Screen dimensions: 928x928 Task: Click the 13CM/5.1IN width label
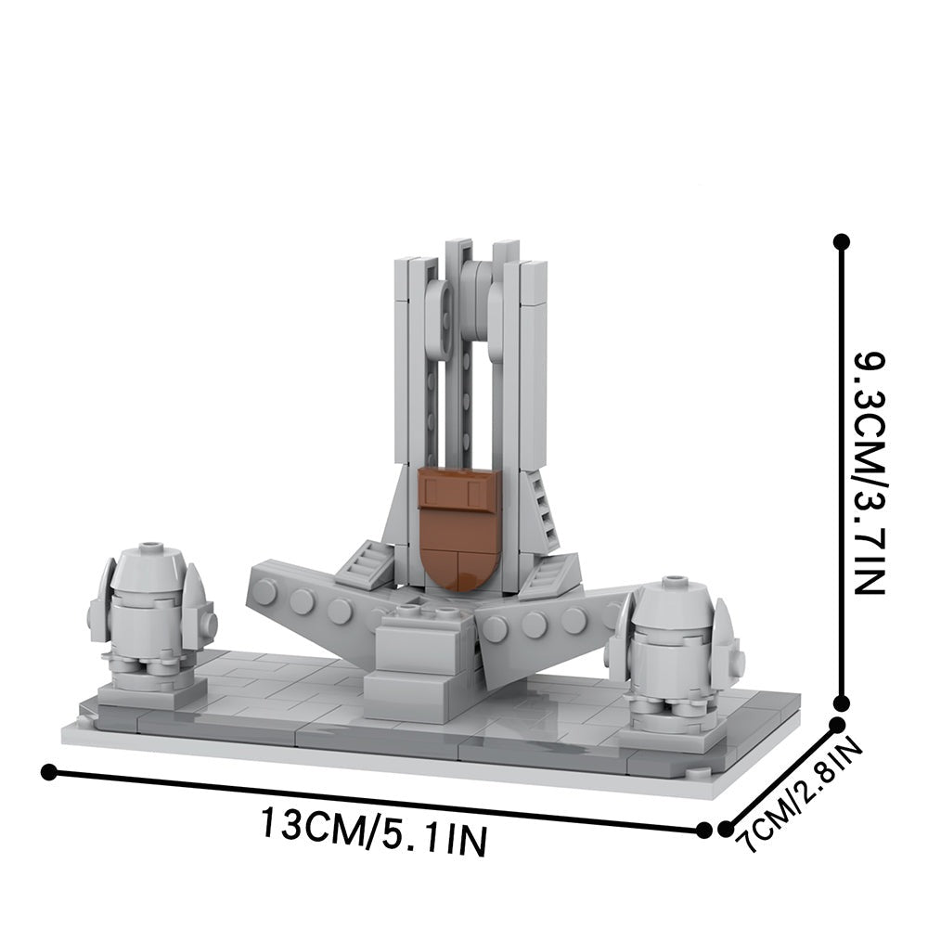pos(373,831)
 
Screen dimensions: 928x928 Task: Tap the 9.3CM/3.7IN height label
pos(870,474)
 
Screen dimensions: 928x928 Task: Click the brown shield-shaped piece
pos(458,526)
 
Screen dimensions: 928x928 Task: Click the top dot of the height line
pos(841,242)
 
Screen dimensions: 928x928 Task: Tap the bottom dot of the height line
pos(841,703)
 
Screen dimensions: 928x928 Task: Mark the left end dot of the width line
pos(49,772)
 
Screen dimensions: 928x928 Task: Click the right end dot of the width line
pos(704,830)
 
